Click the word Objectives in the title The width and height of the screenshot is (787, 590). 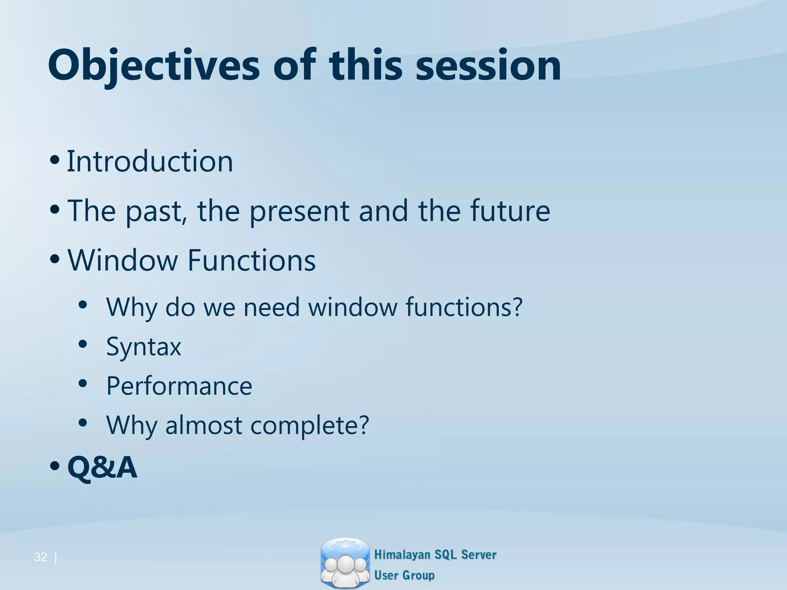click(x=154, y=66)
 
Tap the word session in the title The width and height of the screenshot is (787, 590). click(x=488, y=66)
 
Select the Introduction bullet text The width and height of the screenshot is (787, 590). click(x=150, y=161)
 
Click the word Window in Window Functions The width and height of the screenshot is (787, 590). click(x=122, y=260)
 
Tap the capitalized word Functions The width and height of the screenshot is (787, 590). click(x=251, y=260)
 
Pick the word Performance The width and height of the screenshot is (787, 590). click(x=179, y=386)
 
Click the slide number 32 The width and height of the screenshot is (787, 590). click(x=40, y=557)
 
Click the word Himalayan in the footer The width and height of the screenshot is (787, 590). click(x=402, y=555)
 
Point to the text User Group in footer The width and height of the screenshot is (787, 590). click(x=404, y=575)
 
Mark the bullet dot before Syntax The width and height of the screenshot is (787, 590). click(x=83, y=345)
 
